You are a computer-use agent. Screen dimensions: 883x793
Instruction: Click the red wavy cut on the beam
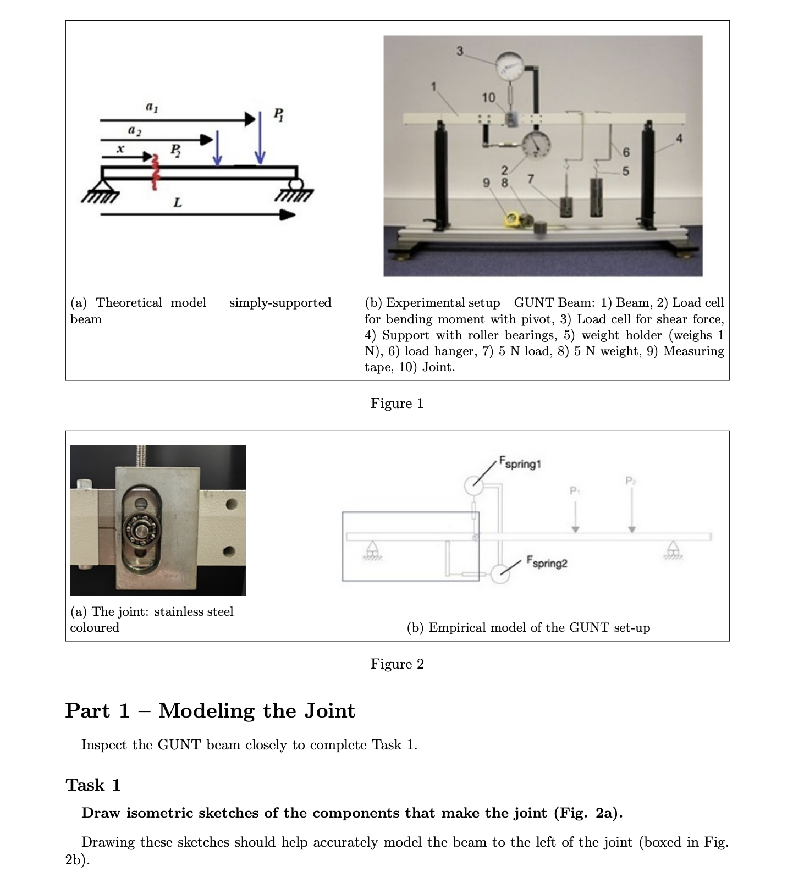click(x=155, y=172)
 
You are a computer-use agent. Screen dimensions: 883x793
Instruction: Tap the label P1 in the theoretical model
click(x=279, y=115)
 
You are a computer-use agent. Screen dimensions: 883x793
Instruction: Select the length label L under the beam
click(x=177, y=203)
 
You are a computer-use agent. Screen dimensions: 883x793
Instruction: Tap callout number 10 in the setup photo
click(x=488, y=97)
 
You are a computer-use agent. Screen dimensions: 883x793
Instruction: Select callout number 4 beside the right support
click(x=679, y=139)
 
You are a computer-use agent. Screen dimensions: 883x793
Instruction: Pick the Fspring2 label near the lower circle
click(x=547, y=561)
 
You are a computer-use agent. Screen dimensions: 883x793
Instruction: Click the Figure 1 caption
click(x=397, y=404)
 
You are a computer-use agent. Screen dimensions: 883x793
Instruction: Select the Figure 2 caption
click(x=397, y=664)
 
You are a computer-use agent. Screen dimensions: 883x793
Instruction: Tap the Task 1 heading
click(x=93, y=785)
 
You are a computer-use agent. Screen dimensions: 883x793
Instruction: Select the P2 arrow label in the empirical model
click(x=631, y=481)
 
